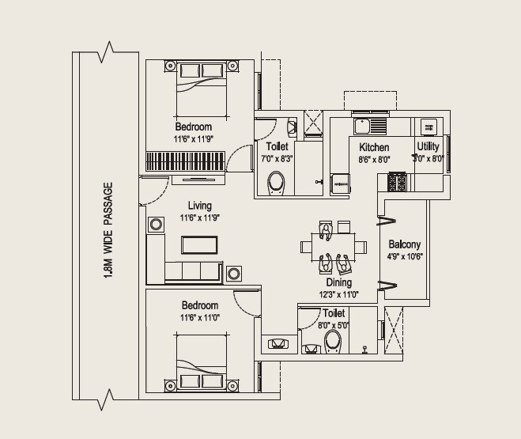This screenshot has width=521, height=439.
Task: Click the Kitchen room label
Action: point(374,148)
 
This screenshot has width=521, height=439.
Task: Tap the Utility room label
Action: point(429,147)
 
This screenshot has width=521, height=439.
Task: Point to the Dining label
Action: point(339,282)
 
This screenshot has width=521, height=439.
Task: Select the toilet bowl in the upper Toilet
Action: point(276,184)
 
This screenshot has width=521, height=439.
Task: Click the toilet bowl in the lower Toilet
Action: point(332,341)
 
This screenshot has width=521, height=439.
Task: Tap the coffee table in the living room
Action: point(199,244)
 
